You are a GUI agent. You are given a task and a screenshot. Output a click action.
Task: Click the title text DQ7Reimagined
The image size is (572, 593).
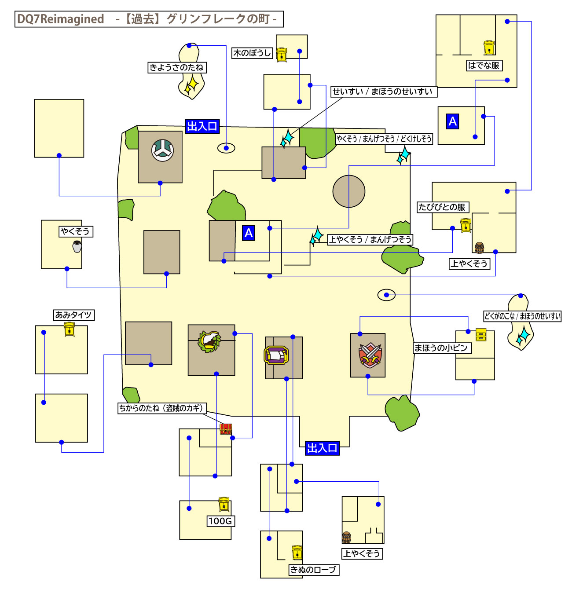click(x=61, y=19)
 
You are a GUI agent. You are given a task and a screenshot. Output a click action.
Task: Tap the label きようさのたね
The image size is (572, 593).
click(x=177, y=67)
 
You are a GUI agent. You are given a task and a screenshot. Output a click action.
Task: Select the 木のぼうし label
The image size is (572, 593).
click(x=252, y=53)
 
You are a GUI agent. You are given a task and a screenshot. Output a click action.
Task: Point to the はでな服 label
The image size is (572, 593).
click(x=484, y=66)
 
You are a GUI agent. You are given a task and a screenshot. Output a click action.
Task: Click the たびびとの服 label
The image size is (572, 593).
click(x=442, y=207)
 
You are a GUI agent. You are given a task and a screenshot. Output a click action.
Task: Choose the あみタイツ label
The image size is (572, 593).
click(x=73, y=315)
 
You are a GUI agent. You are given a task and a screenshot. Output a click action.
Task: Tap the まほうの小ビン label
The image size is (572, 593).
click(x=441, y=348)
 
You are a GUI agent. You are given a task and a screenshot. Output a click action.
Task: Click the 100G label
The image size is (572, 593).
click(x=220, y=521)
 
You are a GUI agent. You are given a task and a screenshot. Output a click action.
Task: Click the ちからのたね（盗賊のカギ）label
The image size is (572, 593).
click(x=161, y=408)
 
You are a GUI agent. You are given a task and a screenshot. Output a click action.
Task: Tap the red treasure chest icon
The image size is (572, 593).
click(x=226, y=429)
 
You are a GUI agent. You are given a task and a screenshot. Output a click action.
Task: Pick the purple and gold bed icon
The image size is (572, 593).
click(x=276, y=355)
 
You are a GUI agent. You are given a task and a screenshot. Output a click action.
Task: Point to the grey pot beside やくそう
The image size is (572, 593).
click(x=77, y=246)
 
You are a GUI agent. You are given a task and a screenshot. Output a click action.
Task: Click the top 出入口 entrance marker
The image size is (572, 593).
click(x=202, y=127)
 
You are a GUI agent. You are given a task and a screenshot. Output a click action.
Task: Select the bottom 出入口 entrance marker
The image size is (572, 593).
click(x=322, y=448)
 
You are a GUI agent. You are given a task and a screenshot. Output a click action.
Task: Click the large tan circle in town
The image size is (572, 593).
click(x=349, y=191)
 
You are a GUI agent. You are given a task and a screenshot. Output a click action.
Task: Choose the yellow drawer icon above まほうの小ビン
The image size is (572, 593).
click(x=481, y=335)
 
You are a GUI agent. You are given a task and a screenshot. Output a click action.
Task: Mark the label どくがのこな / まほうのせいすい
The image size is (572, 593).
click(x=522, y=316)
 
